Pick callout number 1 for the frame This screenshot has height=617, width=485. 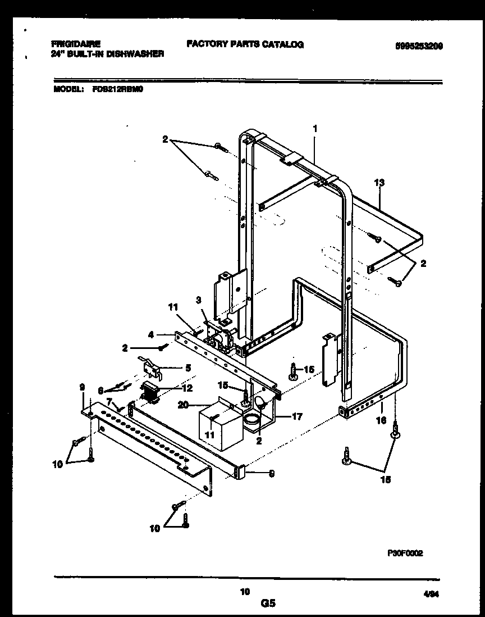click(315, 129)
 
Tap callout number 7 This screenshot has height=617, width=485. click(109, 402)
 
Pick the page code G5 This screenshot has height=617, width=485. click(268, 604)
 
